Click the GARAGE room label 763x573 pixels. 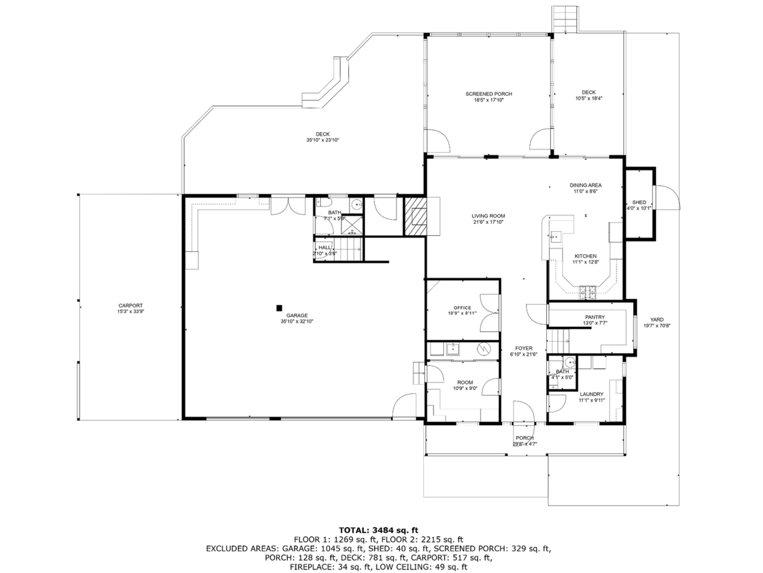tap(297, 316)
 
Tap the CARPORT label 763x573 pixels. tap(130, 306)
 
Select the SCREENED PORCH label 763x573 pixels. tap(488, 94)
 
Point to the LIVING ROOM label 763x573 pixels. tap(488, 216)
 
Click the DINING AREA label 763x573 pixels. tap(585, 185)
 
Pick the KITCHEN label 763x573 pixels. tap(585, 256)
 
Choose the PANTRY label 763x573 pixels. tap(594, 317)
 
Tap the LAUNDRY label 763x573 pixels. tap(591, 394)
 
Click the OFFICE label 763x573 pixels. tap(462, 308)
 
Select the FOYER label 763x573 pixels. tap(523, 349)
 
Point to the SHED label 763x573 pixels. tap(639, 203)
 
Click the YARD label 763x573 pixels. tap(656, 320)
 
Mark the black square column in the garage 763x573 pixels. tap(279, 307)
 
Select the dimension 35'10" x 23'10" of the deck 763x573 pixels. tap(322, 141)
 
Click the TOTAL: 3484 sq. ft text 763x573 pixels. tap(378, 530)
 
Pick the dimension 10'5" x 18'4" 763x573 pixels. tap(589, 99)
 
